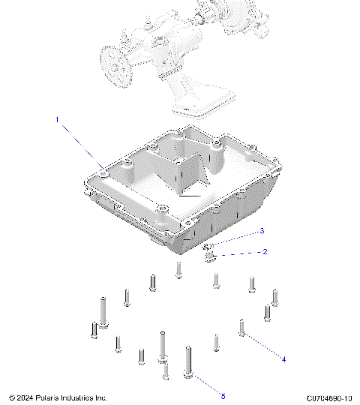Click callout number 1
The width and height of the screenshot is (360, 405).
(x=55, y=119)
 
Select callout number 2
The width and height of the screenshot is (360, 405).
(x=264, y=252)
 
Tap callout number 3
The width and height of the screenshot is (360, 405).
(x=261, y=230)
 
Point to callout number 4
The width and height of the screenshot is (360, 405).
(x=283, y=359)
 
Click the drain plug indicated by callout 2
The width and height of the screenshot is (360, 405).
(x=211, y=258)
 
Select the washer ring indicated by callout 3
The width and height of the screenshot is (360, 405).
(x=207, y=245)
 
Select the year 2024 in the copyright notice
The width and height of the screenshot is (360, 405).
(x=24, y=397)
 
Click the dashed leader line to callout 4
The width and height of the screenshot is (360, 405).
(x=263, y=345)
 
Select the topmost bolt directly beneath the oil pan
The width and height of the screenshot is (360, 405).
(x=178, y=269)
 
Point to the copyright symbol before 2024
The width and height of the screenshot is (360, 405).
(x=11, y=397)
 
